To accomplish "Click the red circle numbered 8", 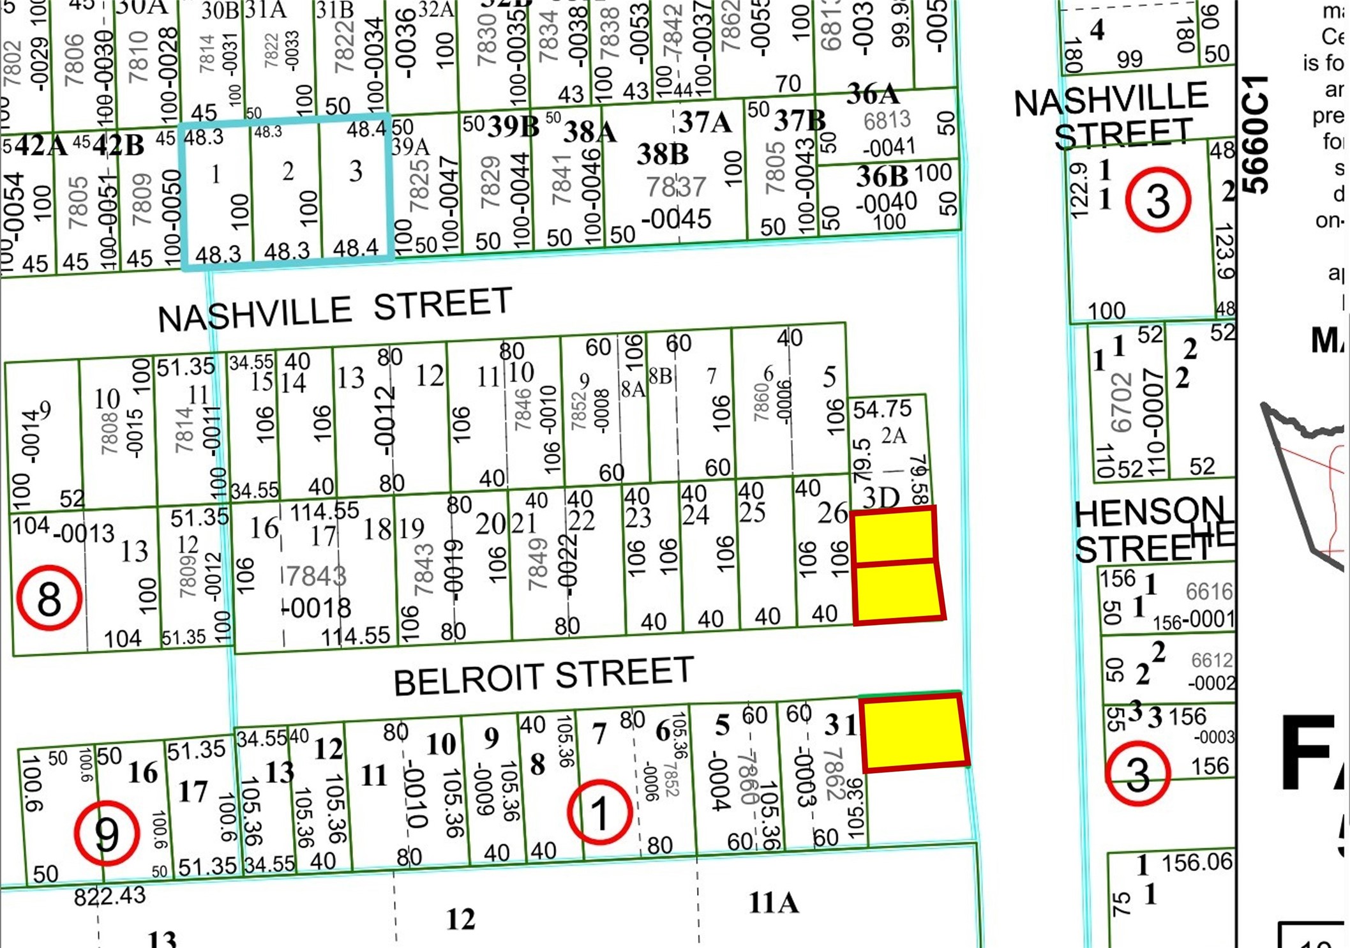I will pyautogui.click(x=49, y=598).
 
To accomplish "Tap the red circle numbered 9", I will pyautogui.click(x=107, y=832).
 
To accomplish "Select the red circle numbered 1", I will pyautogui.click(x=599, y=813).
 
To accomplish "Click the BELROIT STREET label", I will pyautogui.click(x=543, y=677).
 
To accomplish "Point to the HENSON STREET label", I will pyautogui.click(x=1149, y=530).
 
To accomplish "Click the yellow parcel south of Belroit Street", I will pyautogui.click(x=914, y=733).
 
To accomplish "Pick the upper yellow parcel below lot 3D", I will pyautogui.click(x=894, y=536).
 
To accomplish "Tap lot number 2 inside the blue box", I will pyautogui.click(x=288, y=171).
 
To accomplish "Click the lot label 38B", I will pyautogui.click(x=663, y=154).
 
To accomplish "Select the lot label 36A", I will pyautogui.click(x=873, y=95).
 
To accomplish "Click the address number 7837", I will pyautogui.click(x=676, y=187).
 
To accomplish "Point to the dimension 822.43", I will pyautogui.click(x=110, y=897).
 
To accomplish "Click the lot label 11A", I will pyautogui.click(x=773, y=903).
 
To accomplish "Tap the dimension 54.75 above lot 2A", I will pyautogui.click(x=882, y=409).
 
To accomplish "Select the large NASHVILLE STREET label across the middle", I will pyautogui.click(x=335, y=310).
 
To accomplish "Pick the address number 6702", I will pyautogui.click(x=1121, y=403).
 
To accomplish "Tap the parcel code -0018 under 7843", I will pyautogui.click(x=317, y=608).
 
